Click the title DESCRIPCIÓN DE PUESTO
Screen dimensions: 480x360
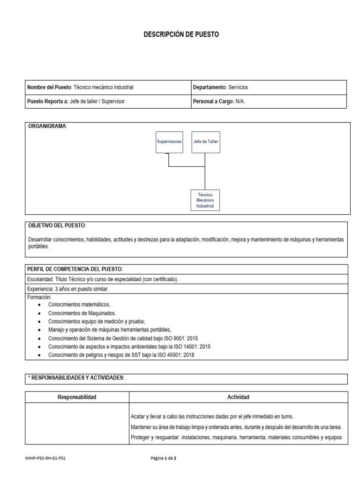coord(180,35)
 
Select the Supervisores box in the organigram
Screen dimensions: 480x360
coord(169,141)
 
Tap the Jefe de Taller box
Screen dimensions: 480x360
coord(205,141)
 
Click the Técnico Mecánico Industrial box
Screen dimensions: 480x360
coord(205,200)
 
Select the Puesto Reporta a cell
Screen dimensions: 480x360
coord(76,101)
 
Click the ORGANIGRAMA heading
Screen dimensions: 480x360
coord(47,127)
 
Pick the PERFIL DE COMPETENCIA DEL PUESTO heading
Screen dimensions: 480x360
coord(75,269)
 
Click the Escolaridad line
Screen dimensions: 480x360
coord(103,279)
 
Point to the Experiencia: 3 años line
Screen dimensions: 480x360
coord(68,289)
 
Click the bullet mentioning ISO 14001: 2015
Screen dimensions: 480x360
coord(129,347)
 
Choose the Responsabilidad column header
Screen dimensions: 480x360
coord(77,397)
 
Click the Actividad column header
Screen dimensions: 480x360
coord(238,397)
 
